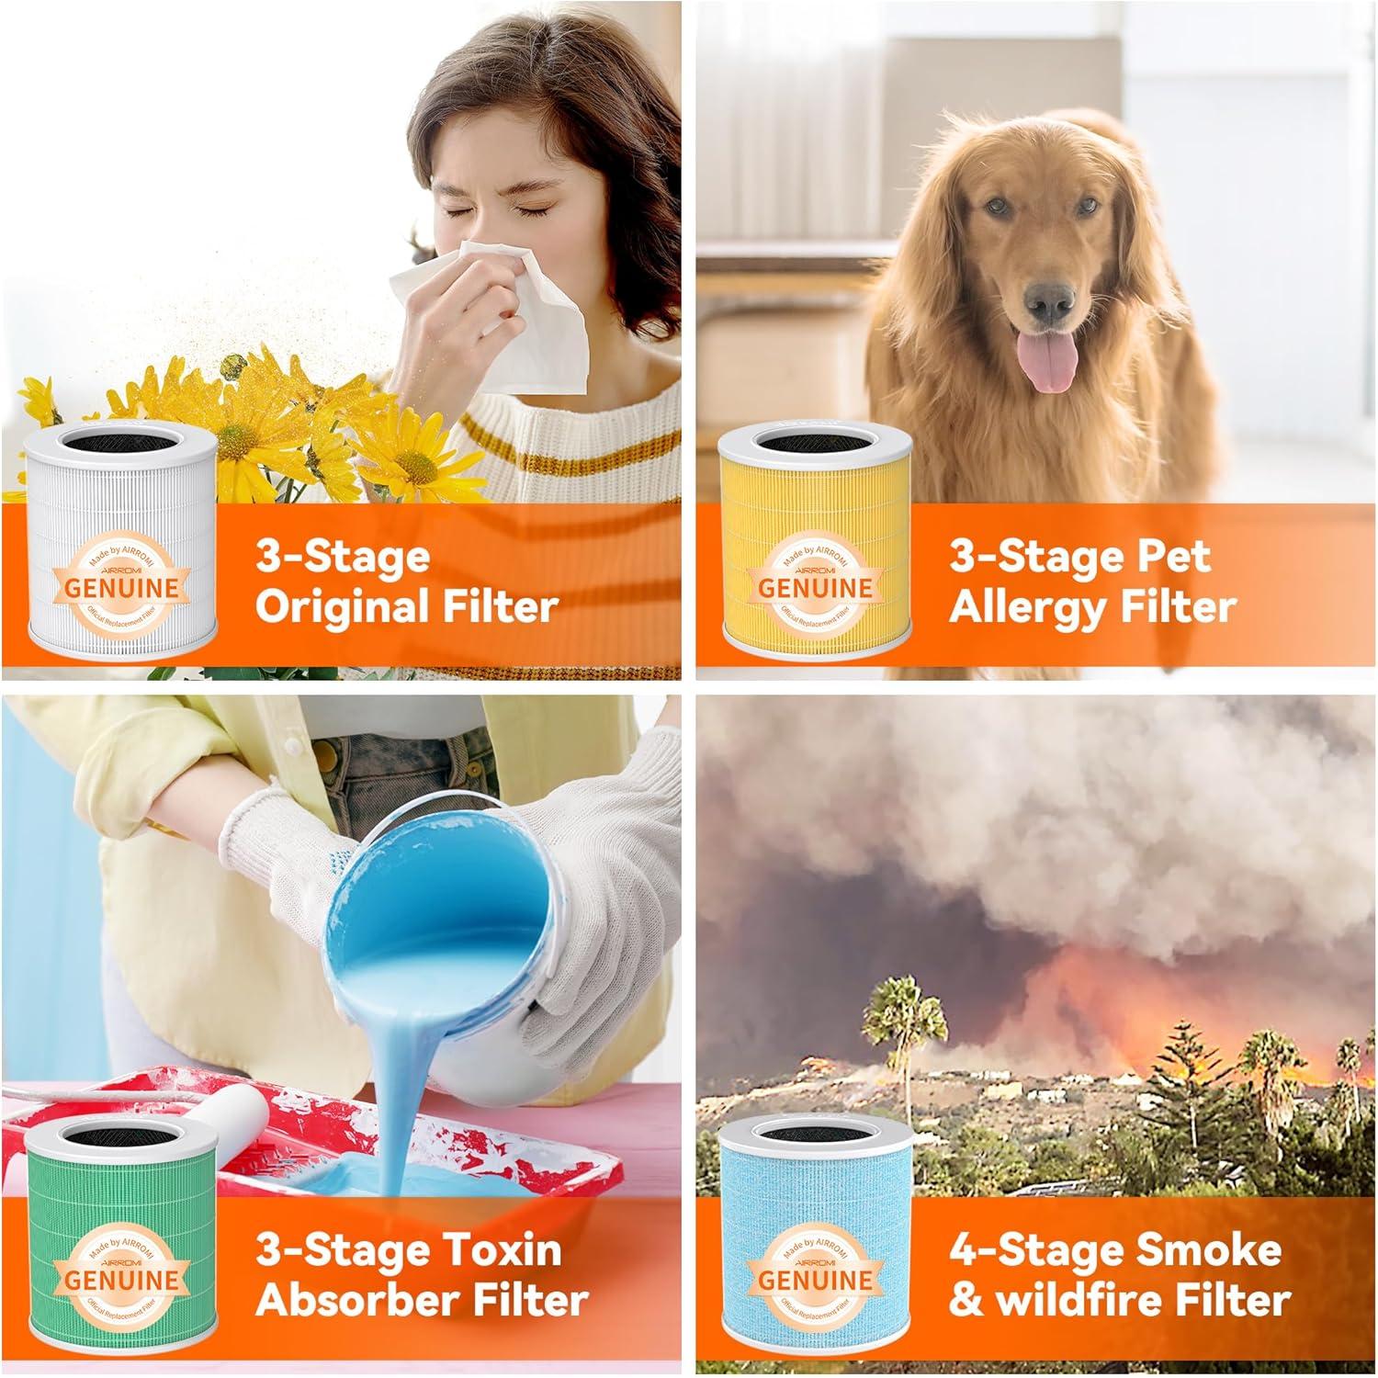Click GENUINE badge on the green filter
(121, 1279)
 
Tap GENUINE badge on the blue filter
(815, 1279)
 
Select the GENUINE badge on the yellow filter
(815, 585)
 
